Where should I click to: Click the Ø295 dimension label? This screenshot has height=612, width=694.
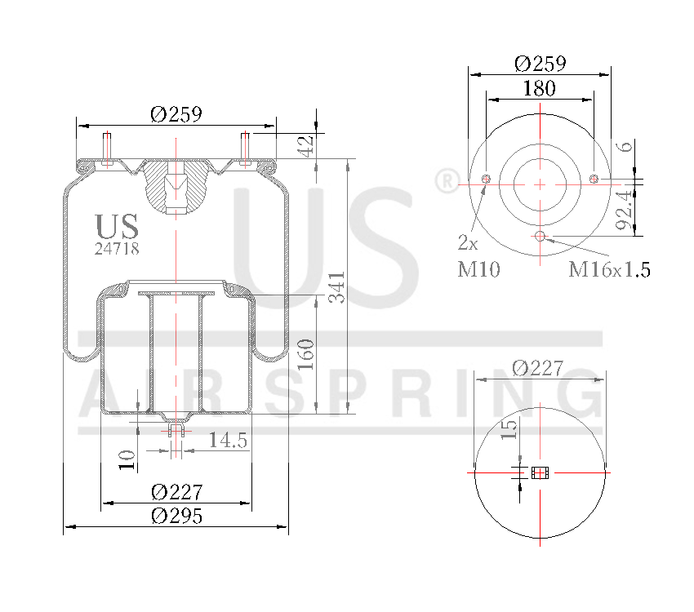coord(176,516)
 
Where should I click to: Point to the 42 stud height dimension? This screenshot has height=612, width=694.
coord(306,146)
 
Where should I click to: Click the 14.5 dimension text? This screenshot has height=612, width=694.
coord(229,440)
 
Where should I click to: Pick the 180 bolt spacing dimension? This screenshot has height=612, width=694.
coord(539,88)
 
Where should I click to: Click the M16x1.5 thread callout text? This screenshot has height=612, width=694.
coord(610,269)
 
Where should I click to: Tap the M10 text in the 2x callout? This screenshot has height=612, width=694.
coord(478,269)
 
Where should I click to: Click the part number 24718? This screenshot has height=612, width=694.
coord(117,249)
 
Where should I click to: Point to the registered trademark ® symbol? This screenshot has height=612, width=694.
coord(447,181)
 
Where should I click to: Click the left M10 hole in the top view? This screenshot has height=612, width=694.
coord(486,180)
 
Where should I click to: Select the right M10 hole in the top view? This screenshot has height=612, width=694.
coord(594,180)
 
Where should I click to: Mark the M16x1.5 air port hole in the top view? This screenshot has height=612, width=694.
coord(540,237)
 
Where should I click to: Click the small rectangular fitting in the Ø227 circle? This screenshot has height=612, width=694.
coord(540,472)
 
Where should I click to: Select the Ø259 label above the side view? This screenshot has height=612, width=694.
coord(176,115)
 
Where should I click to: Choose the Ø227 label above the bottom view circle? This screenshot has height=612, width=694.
coord(538,368)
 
